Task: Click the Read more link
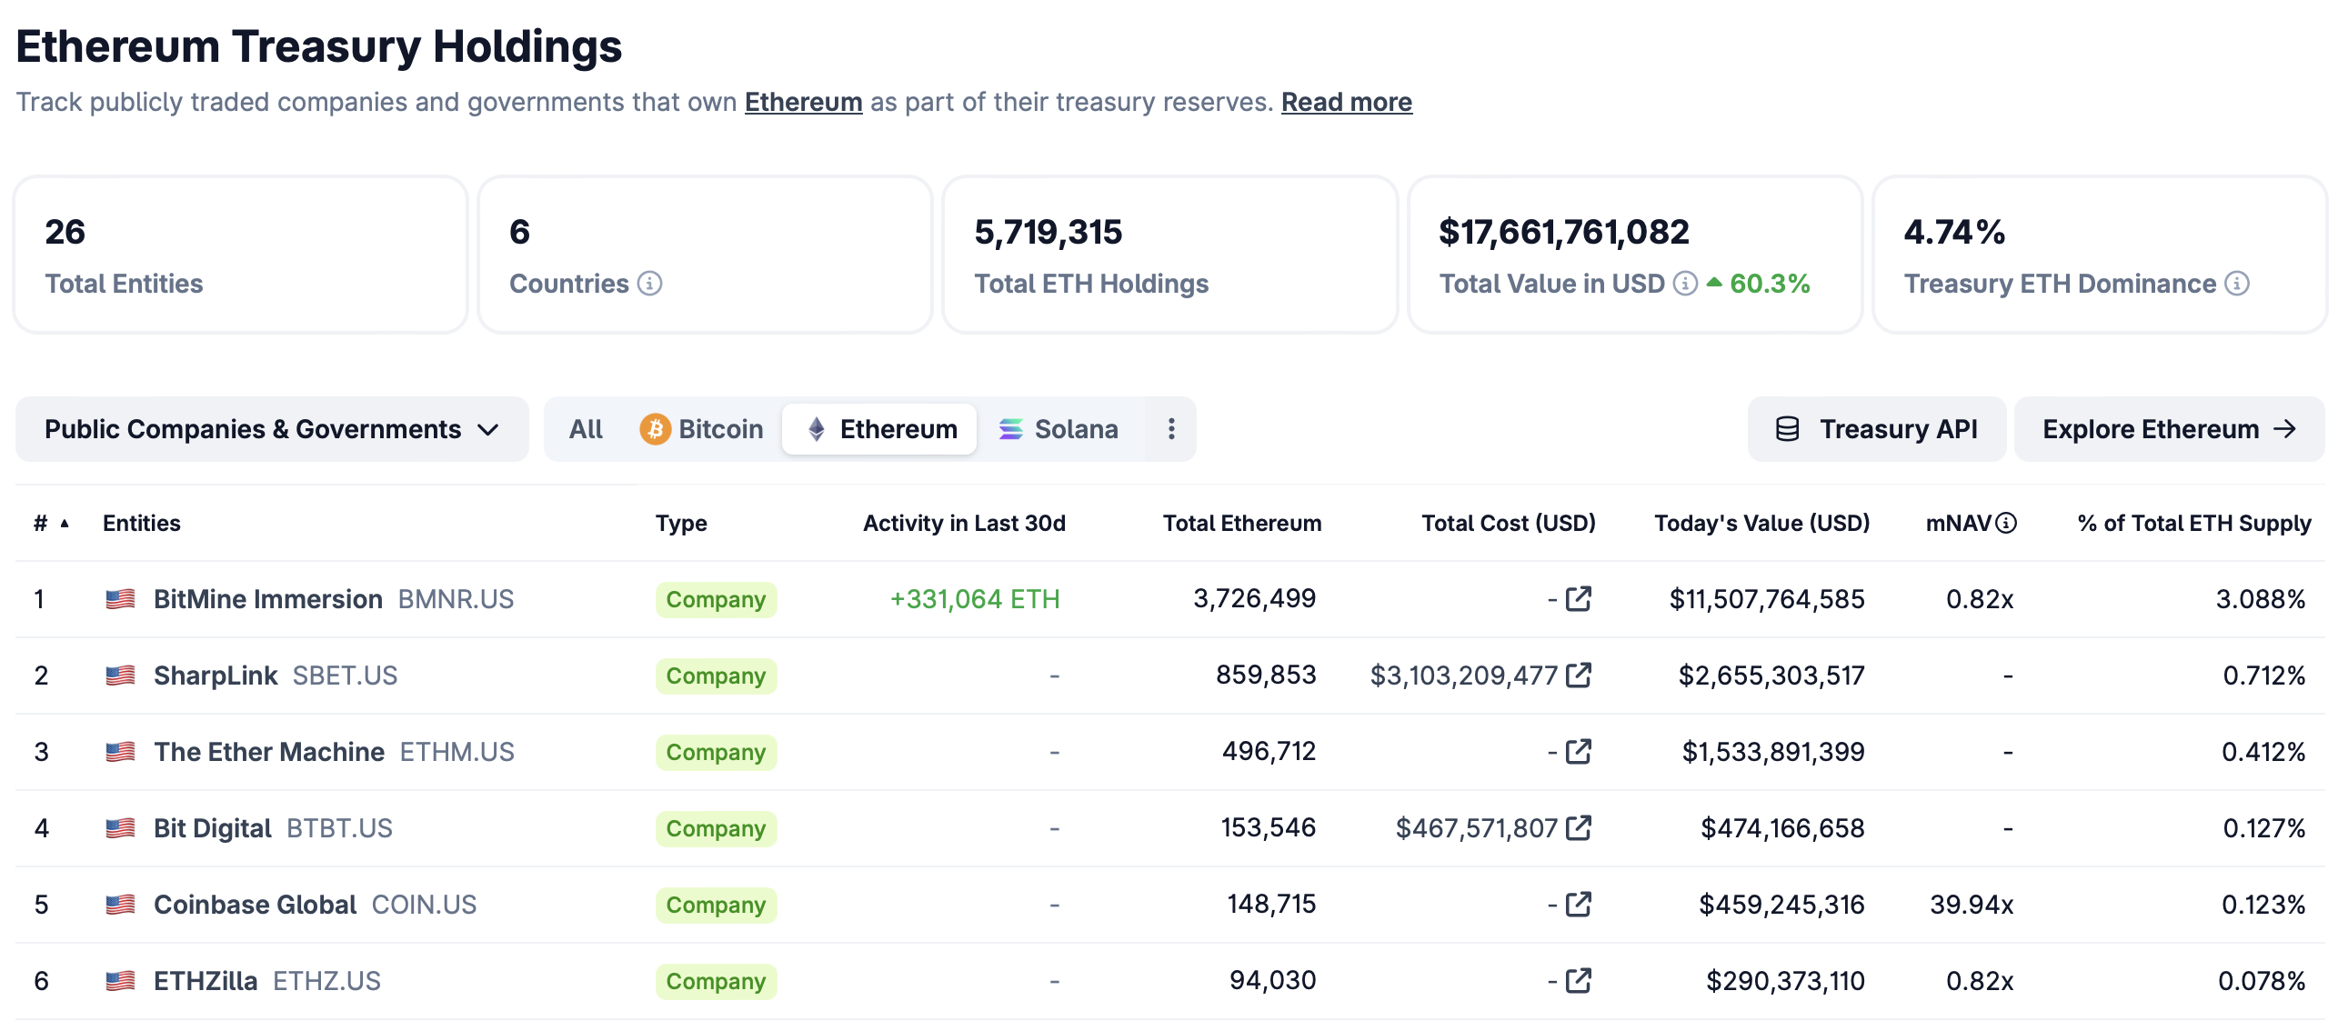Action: point(1345,102)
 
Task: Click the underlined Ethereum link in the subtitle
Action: point(802,102)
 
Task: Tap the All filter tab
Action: point(585,428)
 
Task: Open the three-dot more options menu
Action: point(1170,428)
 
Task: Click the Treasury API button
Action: point(1876,428)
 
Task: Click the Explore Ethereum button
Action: point(2168,428)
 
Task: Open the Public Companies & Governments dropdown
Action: point(272,428)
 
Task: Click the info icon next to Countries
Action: point(649,284)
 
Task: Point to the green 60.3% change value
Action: point(1769,284)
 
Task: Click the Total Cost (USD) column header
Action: point(1508,524)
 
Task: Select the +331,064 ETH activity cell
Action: point(973,599)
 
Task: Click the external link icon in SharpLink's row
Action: point(1578,676)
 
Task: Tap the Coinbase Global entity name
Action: point(255,905)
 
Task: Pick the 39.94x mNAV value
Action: point(1971,905)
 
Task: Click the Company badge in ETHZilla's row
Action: point(715,981)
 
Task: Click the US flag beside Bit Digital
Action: point(120,827)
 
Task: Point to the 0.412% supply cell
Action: point(2263,752)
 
